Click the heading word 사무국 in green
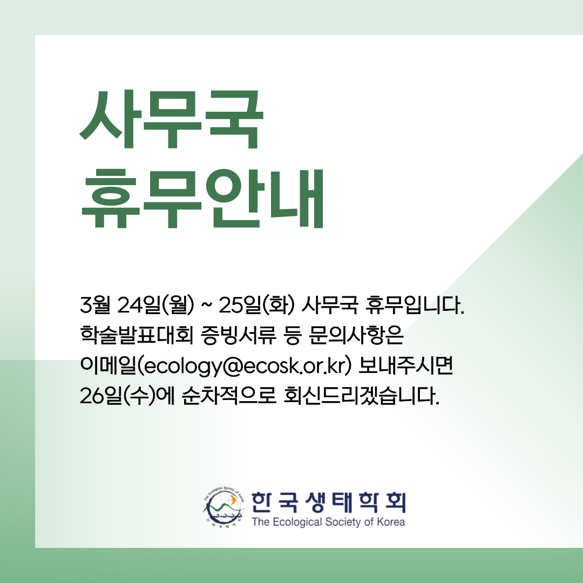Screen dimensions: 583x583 (x=172, y=119)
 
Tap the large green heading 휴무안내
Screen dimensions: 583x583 (x=202, y=199)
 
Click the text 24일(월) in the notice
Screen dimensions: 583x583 (x=156, y=305)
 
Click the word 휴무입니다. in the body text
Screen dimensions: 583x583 (x=415, y=305)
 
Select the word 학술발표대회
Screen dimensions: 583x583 (x=137, y=335)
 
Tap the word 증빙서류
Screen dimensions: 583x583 (x=239, y=335)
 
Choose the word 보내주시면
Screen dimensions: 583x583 (x=405, y=365)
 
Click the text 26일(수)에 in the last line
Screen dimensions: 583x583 (x=127, y=396)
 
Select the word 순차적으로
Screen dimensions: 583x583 (x=229, y=396)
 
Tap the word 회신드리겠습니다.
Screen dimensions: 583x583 (x=361, y=396)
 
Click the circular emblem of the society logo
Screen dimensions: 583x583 (x=224, y=508)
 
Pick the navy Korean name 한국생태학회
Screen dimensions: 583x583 (x=328, y=503)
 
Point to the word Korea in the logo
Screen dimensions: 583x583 (x=391, y=522)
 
